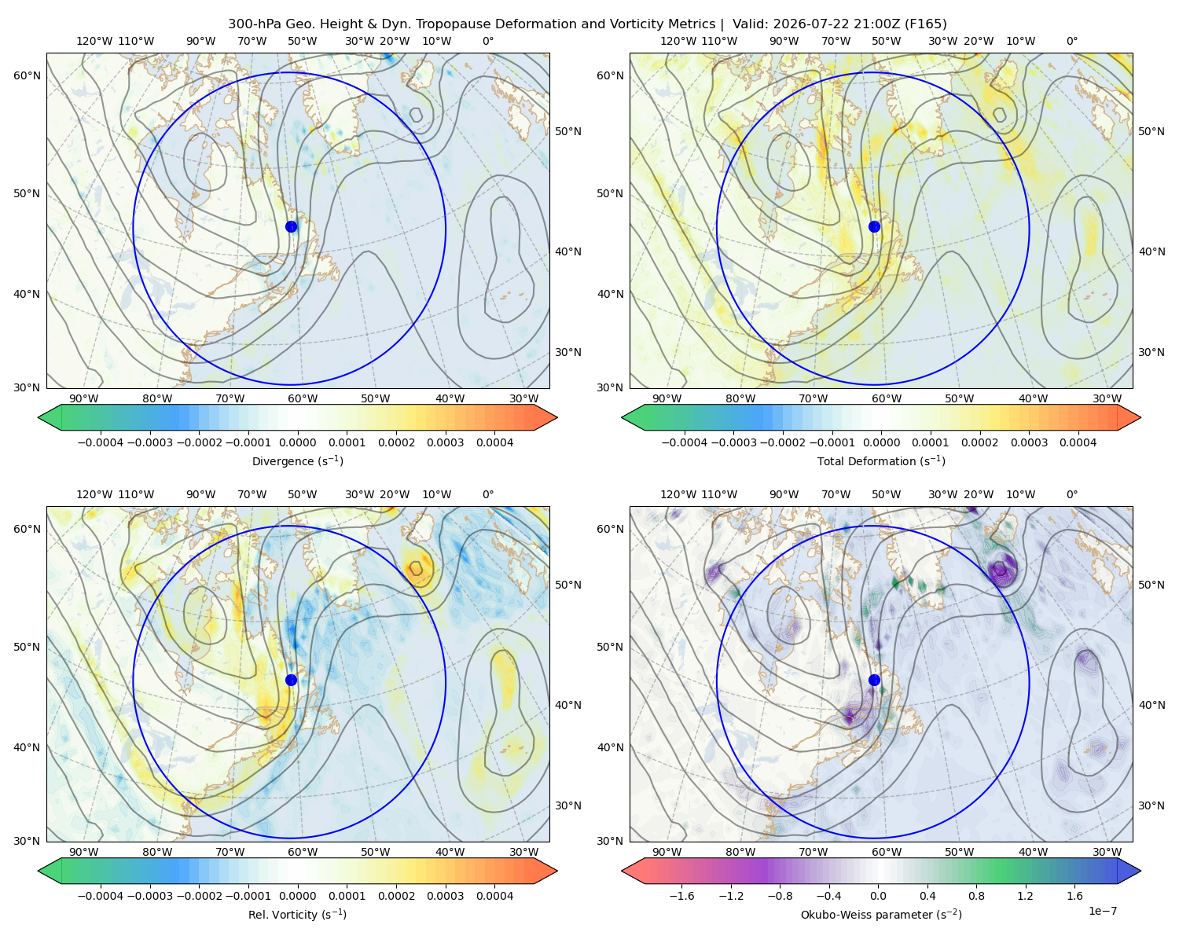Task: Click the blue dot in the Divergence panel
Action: [291, 226]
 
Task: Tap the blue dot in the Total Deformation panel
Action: [874, 226]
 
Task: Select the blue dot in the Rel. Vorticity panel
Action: [291, 680]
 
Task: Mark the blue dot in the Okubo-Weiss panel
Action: [874, 680]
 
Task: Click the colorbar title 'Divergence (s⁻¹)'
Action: [297, 460]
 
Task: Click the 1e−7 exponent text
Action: [1102, 911]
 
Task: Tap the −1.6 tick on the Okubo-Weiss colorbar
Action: [681, 895]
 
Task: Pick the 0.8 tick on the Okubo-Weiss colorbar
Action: [976, 895]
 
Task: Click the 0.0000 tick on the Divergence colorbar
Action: [297, 442]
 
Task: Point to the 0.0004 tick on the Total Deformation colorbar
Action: [1078, 442]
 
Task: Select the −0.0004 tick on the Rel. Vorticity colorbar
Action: [101, 895]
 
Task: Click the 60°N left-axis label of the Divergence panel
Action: [27, 75]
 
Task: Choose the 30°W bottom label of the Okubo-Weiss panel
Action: [1107, 852]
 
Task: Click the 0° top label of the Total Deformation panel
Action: [1071, 41]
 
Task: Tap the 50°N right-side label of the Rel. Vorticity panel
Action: [568, 584]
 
